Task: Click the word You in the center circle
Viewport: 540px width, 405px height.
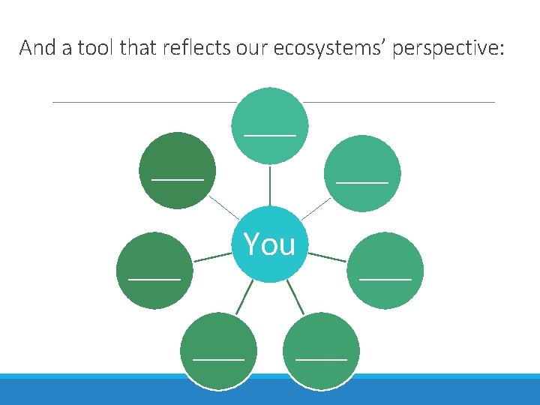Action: coord(269,244)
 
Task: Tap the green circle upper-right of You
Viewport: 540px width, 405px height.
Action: coord(362,172)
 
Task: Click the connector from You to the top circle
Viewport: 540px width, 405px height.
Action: coord(270,184)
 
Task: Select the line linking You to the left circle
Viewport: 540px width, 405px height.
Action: coord(212,257)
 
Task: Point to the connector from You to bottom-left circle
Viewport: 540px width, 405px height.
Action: coord(244,298)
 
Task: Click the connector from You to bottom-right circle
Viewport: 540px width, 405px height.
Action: coord(295,298)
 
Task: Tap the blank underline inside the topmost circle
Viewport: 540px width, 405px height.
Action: coord(270,134)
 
